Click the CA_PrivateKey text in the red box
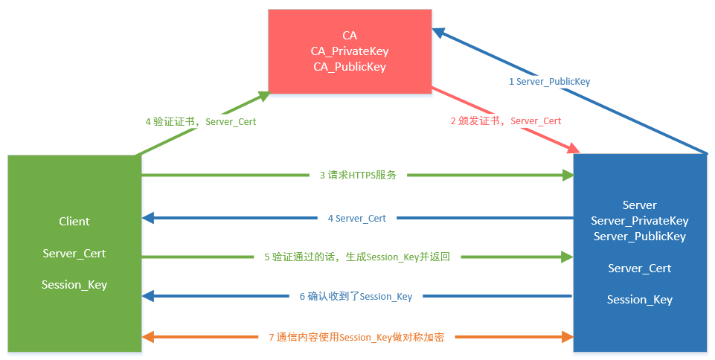pos(350,51)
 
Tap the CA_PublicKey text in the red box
pos(350,67)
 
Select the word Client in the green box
pos(74,222)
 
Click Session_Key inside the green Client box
pos(74,285)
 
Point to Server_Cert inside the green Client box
pos(74,254)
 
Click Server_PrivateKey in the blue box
pos(640,221)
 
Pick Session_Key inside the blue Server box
pos(640,300)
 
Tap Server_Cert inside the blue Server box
pos(640,269)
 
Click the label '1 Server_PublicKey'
pos(549,82)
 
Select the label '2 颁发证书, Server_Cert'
pos(506,120)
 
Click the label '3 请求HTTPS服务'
pos(358,176)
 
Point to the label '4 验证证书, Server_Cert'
pos(200,121)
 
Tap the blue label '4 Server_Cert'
pos(357,219)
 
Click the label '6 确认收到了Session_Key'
pos(356,297)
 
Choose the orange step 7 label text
pos(356,337)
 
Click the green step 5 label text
pos(357,257)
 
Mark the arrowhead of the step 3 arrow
pos(568,176)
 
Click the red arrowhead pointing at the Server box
pos(574,149)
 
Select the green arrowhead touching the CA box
pos(263,95)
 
